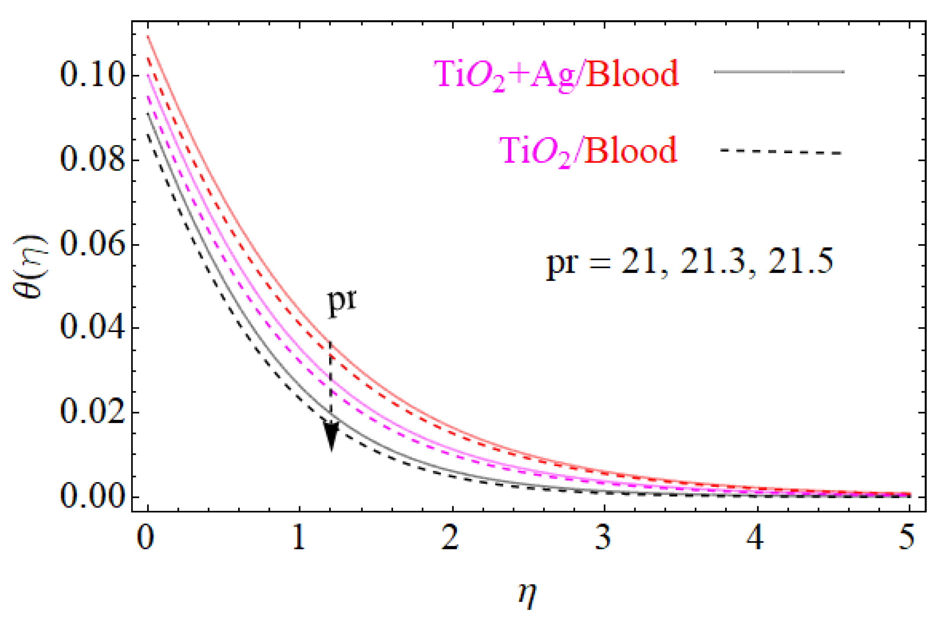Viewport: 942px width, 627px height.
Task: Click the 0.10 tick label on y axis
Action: point(91,76)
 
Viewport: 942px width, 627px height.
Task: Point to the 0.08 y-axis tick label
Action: point(91,160)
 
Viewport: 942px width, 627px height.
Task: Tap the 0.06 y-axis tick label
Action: point(91,244)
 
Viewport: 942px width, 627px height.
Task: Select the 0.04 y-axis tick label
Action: point(91,328)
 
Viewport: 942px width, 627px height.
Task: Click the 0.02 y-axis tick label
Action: point(91,412)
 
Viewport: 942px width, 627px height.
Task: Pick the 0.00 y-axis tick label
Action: point(91,497)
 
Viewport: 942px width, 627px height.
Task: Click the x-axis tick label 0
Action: point(148,538)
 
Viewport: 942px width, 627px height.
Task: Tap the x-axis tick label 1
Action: point(300,538)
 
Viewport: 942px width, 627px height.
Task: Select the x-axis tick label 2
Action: point(452,538)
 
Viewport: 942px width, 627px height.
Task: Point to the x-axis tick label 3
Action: point(604,538)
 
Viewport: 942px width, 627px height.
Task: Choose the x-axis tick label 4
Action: point(755,538)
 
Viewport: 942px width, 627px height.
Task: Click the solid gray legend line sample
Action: point(779,72)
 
